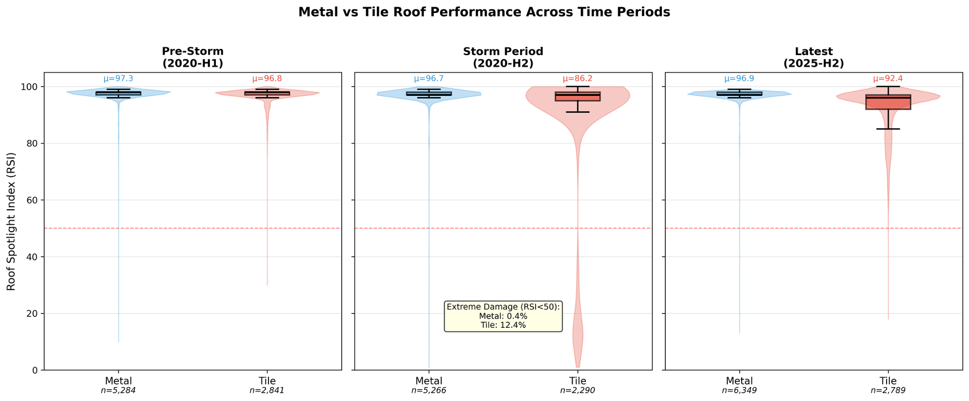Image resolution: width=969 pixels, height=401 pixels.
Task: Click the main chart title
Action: (484, 12)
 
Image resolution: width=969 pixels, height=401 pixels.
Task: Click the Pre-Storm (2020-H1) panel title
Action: (193, 57)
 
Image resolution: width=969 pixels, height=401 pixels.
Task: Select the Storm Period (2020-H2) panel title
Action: (503, 57)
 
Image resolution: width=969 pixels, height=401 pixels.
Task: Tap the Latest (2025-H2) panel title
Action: (813, 57)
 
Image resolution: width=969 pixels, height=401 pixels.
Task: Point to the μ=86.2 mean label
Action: (577, 79)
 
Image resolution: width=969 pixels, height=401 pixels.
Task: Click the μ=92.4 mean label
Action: (888, 79)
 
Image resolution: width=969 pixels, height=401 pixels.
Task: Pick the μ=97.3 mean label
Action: (118, 79)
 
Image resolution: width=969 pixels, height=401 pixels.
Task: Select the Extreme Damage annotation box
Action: (503, 316)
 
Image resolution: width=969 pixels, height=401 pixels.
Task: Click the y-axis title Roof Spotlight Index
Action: (11, 221)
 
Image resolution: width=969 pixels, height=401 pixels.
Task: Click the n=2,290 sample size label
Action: (577, 391)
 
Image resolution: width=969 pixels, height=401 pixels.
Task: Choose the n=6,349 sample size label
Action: (739, 391)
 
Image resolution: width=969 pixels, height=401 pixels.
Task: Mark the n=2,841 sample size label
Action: (267, 391)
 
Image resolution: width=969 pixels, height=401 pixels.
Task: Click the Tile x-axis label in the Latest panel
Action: (888, 381)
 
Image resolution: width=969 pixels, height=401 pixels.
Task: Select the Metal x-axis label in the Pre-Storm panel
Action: (118, 381)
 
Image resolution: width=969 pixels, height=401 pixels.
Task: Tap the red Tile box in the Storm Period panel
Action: (577, 96)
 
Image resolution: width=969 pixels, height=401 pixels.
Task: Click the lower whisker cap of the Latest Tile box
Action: (888, 129)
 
